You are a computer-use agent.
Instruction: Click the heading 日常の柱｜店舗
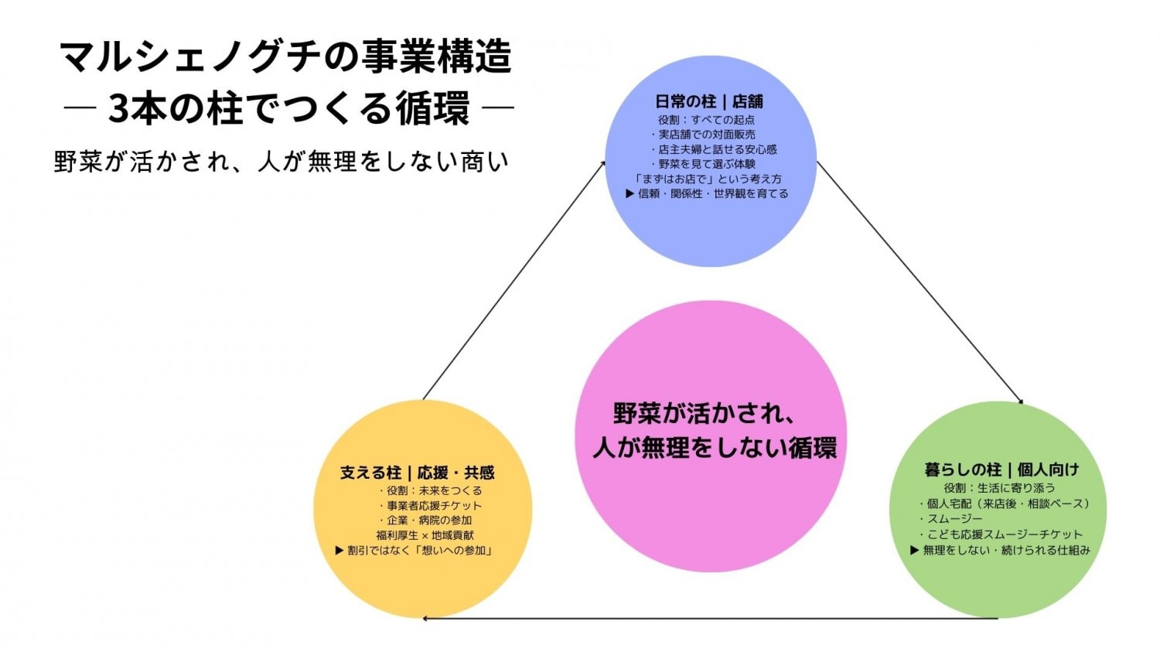pyautogui.click(x=709, y=101)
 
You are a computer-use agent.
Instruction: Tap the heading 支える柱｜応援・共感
pyautogui.click(x=417, y=473)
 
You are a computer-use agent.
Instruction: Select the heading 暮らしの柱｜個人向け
pyautogui.click(x=1001, y=469)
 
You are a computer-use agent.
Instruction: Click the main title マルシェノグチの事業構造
pyautogui.click(x=286, y=57)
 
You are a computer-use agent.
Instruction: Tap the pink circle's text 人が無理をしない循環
pyautogui.click(x=714, y=448)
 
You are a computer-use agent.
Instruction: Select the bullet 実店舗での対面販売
pyautogui.click(x=706, y=135)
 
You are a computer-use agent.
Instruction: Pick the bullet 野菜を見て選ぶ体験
pyautogui.click(x=706, y=164)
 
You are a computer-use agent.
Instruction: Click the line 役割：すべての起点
pyautogui.click(x=706, y=120)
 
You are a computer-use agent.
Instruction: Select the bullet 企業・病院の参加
pyautogui.click(x=429, y=521)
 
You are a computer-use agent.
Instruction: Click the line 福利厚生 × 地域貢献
pyautogui.click(x=425, y=535)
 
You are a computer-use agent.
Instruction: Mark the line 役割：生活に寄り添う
pyautogui.click(x=999, y=488)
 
